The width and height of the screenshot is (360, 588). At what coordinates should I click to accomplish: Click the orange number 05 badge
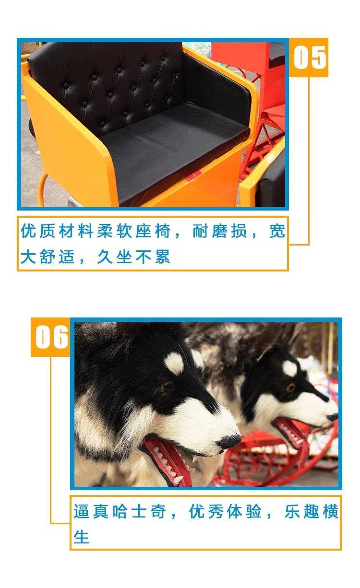click(x=309, y=58)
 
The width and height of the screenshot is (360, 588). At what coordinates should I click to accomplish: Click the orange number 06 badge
click(x=50, y=337)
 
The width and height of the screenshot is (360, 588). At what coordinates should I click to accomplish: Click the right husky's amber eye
click(x=290, y=388)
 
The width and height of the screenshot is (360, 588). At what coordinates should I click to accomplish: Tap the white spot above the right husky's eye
click(x=290, y=368)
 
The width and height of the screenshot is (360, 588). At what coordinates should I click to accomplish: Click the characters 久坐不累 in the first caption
click(x=133, y=257)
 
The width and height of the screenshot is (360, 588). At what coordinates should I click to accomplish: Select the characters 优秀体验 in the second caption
click(x=226, y=511)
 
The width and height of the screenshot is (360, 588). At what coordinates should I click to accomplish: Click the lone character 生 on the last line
click(x=82, y=537)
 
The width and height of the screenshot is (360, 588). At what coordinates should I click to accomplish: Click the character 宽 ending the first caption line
click(x=277, y=231)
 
